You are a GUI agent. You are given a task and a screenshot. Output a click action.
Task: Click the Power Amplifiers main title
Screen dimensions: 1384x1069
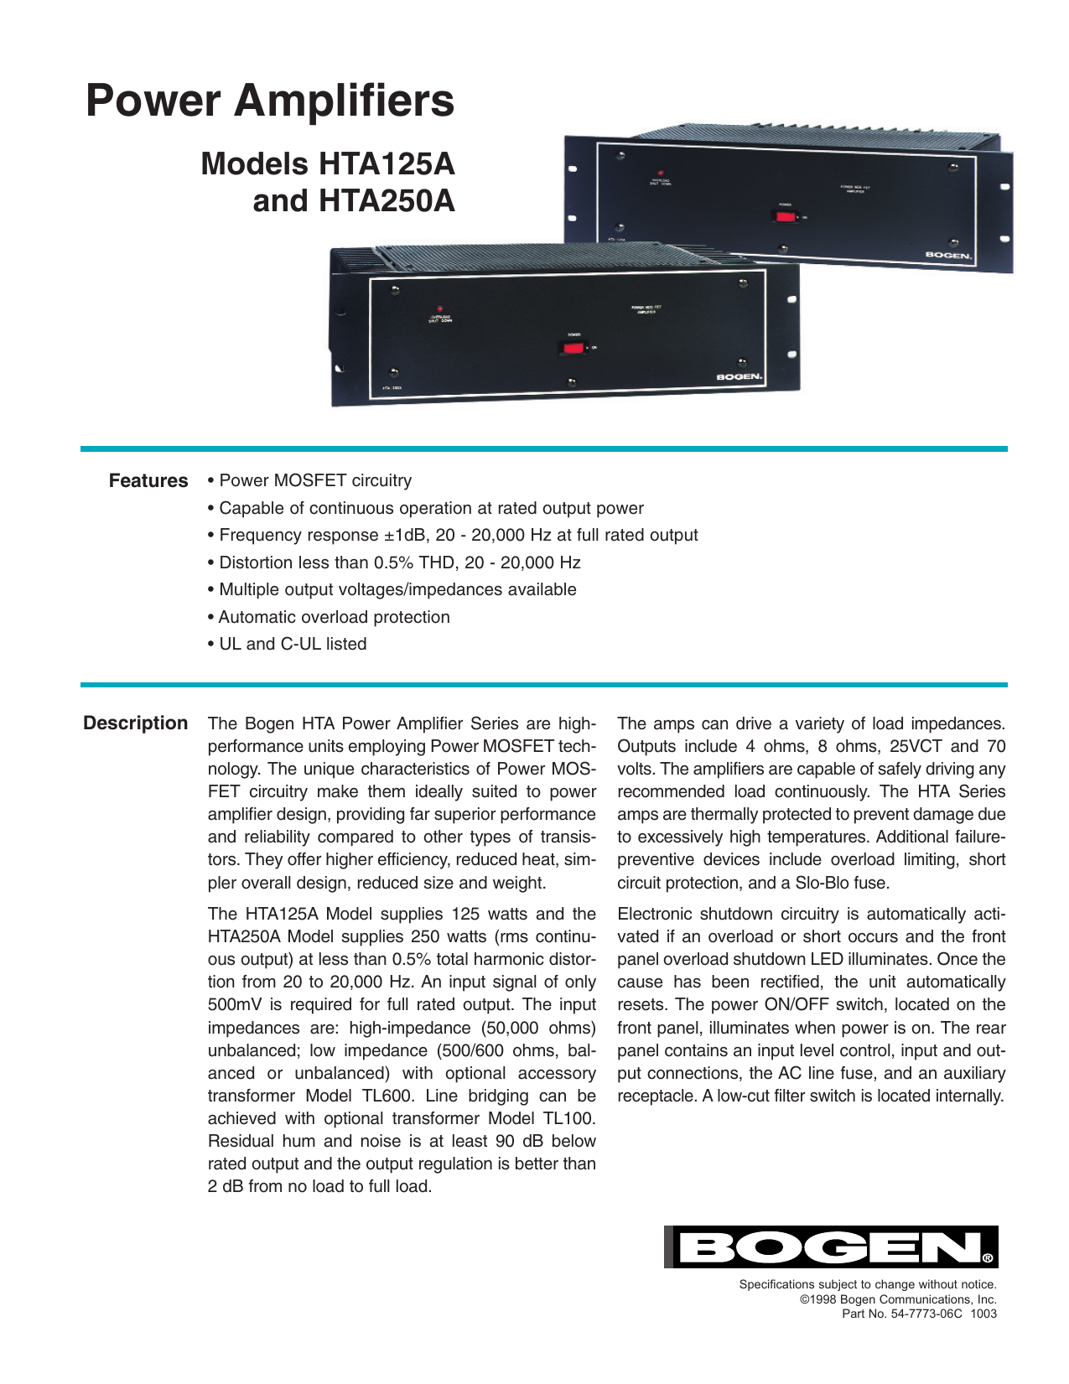pos(270,101)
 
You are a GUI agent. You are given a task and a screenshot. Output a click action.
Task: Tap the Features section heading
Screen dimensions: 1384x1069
pos(148,481)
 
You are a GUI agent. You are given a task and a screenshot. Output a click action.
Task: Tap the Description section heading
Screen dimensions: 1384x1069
pos(135,723)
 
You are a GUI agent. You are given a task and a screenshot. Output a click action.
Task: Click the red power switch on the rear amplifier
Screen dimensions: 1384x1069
pos(785,216)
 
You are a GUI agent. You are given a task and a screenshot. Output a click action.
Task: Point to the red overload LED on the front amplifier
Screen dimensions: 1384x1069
pos(439,308)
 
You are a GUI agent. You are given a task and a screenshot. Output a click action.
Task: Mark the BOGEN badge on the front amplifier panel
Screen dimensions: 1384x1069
pos(739,377)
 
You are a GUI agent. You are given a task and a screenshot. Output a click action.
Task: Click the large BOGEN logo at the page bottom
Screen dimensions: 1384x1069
pos(831,1247)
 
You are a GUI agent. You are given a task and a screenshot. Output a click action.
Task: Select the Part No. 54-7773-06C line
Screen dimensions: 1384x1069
pos(919,1314)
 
